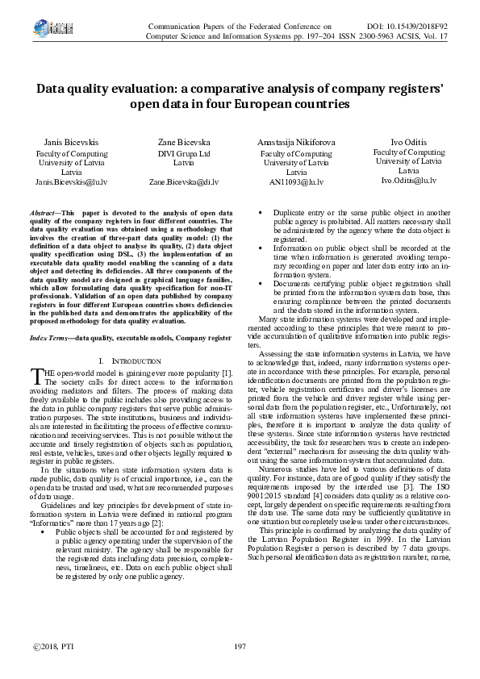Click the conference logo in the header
pyautogui.click(x=39, y=30)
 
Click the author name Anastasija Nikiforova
pyautogui.click(x=296, y=142)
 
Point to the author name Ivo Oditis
pyautogui.click(x=409, y=142)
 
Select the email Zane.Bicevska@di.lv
pyautogui.click(x=184, y=182)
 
